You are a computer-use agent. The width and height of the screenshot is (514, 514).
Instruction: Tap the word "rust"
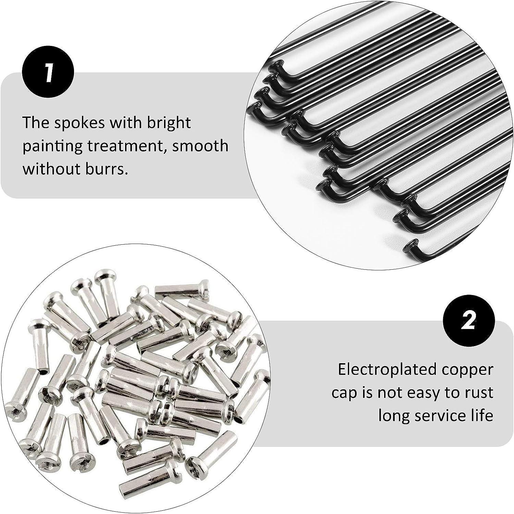tap(478, 394)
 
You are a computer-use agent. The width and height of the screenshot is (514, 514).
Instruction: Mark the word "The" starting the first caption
tap(35, 123)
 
